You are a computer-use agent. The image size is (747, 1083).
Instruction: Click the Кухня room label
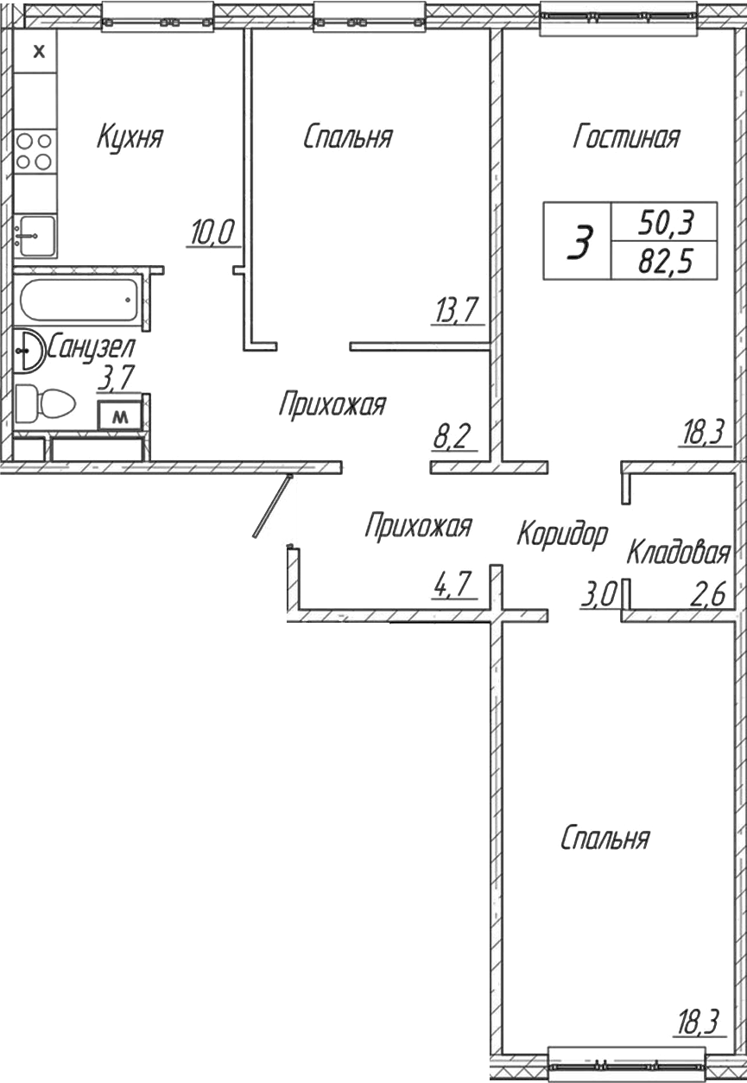(x=130, y=137)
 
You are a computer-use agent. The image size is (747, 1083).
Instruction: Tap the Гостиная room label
(x=626, y=137)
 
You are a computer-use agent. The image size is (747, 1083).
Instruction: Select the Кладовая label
(x=679, y=552)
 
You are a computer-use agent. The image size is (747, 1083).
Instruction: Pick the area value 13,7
(x=456, y=309)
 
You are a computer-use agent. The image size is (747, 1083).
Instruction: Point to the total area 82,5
(x=665, y=259)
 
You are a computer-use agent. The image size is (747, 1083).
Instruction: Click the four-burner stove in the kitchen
(x=35, y=150)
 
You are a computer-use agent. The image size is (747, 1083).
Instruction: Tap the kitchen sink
(x=35, y=235)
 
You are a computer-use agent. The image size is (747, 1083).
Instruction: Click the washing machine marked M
(x=121, y=416)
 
